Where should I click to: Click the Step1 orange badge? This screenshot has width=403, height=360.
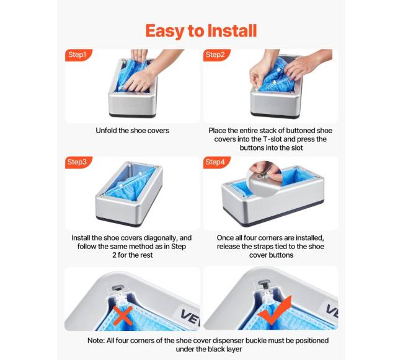[78, 55]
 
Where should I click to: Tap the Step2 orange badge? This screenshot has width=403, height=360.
[216, 55]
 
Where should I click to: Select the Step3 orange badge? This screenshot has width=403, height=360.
[78, 162]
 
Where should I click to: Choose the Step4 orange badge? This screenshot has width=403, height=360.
[216, 162]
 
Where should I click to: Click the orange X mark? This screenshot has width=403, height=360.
[123, 315]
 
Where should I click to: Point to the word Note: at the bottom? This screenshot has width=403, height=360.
[96, 341]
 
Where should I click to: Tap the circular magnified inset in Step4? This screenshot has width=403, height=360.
[265, 178]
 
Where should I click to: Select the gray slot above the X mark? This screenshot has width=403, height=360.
[118, 287]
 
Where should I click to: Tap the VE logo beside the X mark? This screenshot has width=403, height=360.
[190, 317]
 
